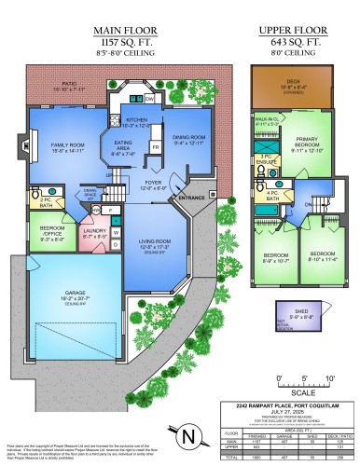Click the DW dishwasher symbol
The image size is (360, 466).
point(149,98)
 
